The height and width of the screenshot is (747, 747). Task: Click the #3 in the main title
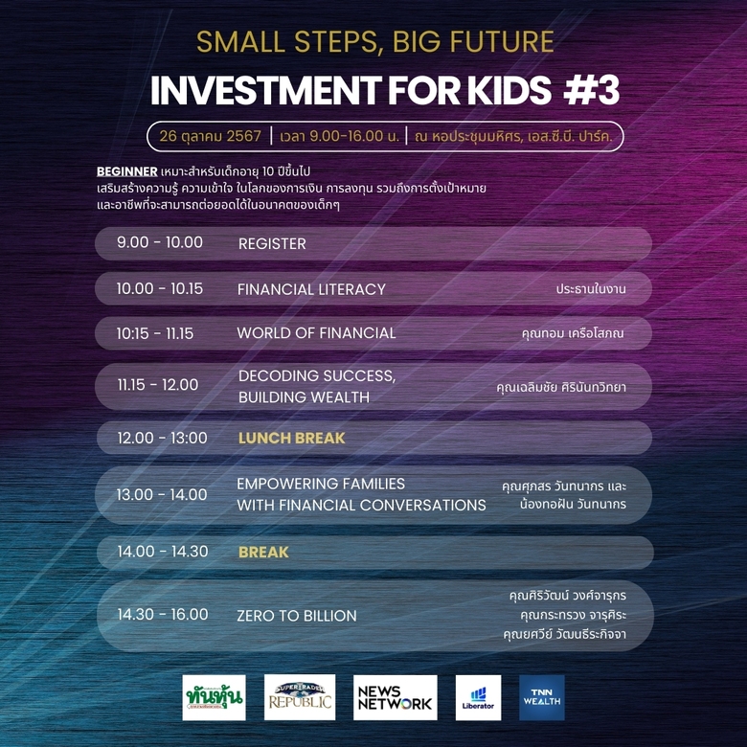[x=591, y=90]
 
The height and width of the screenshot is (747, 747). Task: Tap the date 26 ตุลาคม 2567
[x=211, y=136]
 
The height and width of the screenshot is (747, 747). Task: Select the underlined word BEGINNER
[x=126, y=170]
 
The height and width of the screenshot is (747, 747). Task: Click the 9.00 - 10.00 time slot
[x=160, y=243]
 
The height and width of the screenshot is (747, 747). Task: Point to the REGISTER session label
[x=272, y=244]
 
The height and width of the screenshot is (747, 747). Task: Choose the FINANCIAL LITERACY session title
[x=311, y=289]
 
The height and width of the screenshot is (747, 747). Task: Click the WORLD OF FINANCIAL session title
[x=316, y=333]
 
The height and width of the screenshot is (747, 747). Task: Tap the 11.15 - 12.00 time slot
[x=158, y=385]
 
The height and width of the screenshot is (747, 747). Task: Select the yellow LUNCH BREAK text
[x=291, y=438]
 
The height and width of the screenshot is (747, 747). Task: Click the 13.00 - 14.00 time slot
[x=162, y=494]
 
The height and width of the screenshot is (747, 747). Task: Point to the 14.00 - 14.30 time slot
[x=162, y=552]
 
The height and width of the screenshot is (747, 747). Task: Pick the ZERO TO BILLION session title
[x=297, y=616]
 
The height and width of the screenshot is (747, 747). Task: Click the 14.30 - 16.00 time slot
[x=162, y=615]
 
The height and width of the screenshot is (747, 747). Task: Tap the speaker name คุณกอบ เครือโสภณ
[x=573, y=333]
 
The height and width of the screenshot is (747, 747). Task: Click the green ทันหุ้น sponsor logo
[x=214, y=697]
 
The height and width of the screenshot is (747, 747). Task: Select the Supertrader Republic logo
[x=300, y=697]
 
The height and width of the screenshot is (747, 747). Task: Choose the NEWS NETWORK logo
[x=395, y=697]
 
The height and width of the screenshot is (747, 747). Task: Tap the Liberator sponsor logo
[x=478, y=697]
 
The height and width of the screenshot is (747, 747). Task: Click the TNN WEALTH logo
[x=541, y=697]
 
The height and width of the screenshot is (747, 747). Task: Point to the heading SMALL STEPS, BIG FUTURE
[x=374, y=42]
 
